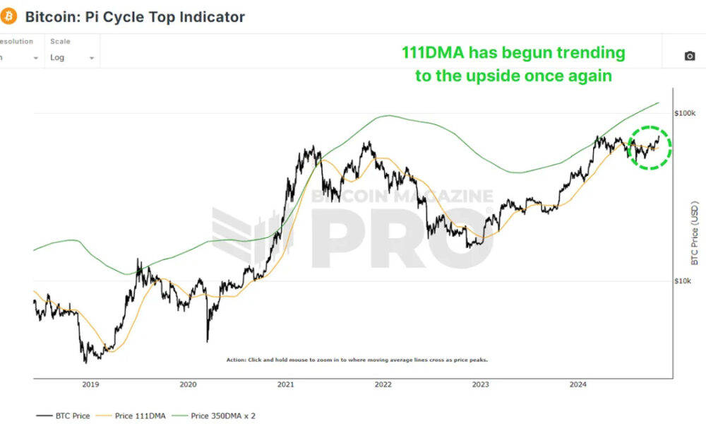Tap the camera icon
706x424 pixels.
690,57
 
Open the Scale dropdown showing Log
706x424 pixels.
71,57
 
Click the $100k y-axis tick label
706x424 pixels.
685,114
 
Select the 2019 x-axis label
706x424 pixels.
90,384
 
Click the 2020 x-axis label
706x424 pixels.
188,384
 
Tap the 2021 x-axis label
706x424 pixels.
286,384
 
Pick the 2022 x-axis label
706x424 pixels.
383,384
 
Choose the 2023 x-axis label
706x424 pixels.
480,384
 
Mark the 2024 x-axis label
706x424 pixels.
578,384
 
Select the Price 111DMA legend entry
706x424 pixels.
138,416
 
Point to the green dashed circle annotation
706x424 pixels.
650,148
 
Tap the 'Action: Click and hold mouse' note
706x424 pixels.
357,360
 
